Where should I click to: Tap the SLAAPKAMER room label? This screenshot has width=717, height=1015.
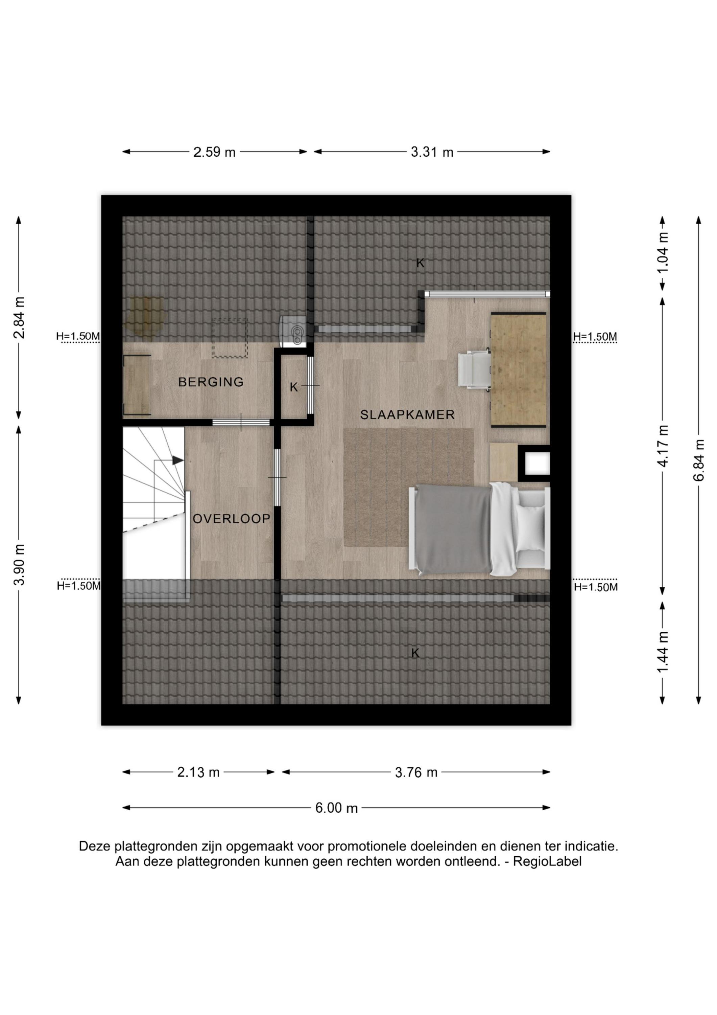(407, 415)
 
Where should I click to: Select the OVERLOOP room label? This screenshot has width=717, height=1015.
(232, 519)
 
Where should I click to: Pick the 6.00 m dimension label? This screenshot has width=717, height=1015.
(336, 808)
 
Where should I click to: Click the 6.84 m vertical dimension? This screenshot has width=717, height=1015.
(699, 460)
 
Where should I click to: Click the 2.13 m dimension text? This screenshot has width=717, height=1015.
(198, 772)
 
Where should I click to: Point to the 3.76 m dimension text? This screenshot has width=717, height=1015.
(416, 772)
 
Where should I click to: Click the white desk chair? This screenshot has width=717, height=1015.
(475, 370)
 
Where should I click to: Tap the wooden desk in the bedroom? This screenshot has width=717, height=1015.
(519, 369)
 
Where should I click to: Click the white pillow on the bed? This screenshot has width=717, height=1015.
(530, 528)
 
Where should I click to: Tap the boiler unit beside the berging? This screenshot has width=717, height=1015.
(296, 330)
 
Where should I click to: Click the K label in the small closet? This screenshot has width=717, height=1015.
(294, 387)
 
